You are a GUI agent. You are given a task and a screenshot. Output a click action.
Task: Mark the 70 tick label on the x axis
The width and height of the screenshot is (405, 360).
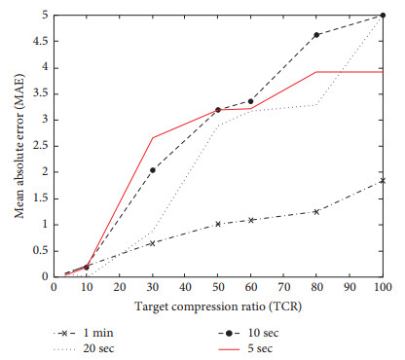(284, 289)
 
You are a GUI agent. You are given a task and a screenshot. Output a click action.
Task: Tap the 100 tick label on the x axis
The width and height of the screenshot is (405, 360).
(383, 289)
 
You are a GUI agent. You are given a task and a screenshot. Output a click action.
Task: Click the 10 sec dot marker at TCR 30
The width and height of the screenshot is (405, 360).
(153, 170)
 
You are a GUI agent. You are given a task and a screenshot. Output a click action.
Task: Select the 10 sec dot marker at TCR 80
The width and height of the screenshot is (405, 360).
(317, 35)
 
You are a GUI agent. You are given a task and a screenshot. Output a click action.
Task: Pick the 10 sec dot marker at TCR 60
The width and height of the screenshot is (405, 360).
(251, 101)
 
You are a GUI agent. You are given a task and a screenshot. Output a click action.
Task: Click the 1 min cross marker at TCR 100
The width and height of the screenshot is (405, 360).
(383, 180)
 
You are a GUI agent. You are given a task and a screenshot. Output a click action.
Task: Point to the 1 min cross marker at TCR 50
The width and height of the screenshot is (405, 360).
(218, 224)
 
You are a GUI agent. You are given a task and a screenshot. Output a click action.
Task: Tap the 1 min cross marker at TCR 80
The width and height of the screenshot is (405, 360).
(317, 211)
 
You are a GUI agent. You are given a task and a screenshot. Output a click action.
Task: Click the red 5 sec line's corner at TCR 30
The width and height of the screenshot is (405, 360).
(153, 138)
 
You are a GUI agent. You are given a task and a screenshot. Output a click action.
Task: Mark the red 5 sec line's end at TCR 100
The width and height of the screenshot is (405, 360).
(383, 72)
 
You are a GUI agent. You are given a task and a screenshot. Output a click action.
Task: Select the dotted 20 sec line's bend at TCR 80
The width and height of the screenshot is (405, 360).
(317, 104)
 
